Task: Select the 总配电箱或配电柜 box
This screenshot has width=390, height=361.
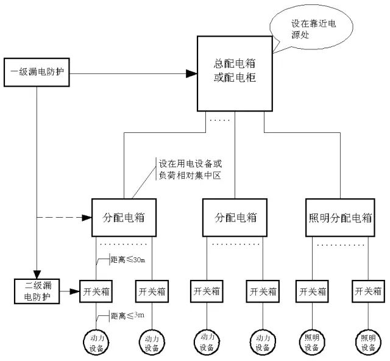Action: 234,73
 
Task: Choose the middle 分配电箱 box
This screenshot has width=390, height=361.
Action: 236,216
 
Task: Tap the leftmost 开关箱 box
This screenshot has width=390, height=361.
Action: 96,291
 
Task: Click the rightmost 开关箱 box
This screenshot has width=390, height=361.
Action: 367,291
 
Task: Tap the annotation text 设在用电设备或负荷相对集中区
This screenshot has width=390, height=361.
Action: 189,170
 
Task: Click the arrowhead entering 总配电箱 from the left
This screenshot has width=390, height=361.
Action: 191,74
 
